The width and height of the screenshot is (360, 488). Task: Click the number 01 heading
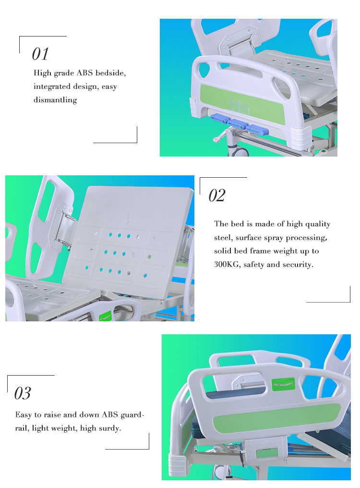(x=40, y=54)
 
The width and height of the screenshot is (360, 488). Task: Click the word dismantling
(x=55, y=100)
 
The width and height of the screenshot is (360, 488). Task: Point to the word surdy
(x=108, y=428)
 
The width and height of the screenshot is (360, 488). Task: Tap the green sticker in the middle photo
(x=105, y=317)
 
